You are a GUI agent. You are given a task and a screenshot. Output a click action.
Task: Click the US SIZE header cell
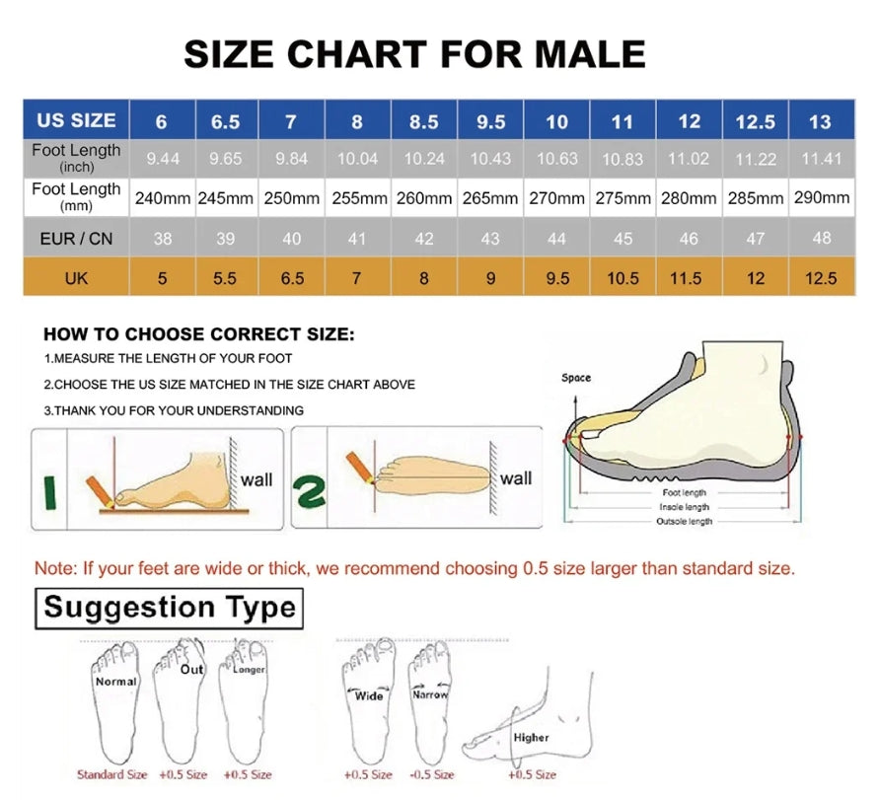tap(76, 120)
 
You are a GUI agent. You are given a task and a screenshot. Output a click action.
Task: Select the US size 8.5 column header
tap(423, 122)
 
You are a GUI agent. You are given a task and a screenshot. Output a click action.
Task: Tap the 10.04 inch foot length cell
tap(357, 158)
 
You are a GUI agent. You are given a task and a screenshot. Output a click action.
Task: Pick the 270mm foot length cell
tap(557, 198)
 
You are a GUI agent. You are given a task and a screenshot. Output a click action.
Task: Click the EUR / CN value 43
tap(490, 238)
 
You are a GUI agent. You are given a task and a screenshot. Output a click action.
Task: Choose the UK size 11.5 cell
tap(689, 278)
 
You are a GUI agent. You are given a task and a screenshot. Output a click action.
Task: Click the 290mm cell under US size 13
tap(820, 198)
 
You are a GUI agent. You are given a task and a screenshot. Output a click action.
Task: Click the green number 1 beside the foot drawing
tap(50, 490)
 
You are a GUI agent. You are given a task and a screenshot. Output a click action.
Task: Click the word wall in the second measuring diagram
tap(515, 478)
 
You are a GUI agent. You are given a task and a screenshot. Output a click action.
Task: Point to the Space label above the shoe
tap(576, 378)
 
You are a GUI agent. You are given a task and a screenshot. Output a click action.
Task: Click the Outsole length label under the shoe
tap(684, 520)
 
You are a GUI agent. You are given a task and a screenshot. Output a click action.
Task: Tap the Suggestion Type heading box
tap(170, 607)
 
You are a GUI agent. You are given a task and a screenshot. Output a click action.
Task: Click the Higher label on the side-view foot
tap(531, 737)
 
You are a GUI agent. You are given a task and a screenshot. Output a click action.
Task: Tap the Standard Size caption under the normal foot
tap(112, 774)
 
